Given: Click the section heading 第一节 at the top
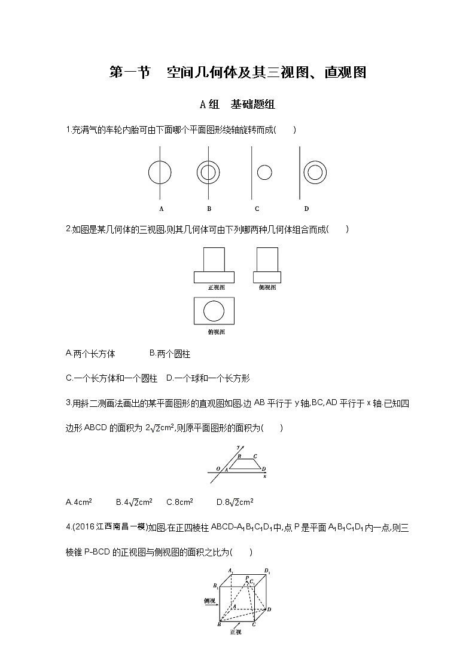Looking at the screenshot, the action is click(129, 73).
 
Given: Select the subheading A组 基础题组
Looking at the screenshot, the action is click(237, 105).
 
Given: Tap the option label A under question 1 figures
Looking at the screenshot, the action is click(162, 209).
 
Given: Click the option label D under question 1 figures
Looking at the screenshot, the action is click(306, 209).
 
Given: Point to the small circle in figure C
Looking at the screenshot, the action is click(264, 173).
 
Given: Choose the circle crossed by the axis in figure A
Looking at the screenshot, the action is click(160, 173).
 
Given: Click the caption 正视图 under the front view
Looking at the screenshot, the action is click(216, 287).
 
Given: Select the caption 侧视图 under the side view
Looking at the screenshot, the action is click(267, 287).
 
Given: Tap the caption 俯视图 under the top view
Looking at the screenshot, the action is click(216, 332).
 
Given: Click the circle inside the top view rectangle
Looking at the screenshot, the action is click(214, 311).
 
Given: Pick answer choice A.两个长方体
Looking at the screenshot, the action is click(90, 354).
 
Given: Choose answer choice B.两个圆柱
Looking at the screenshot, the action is click(169, 354).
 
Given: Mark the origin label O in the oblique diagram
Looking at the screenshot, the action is click(218, 468).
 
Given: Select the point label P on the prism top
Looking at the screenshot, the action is click(247, 577).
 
